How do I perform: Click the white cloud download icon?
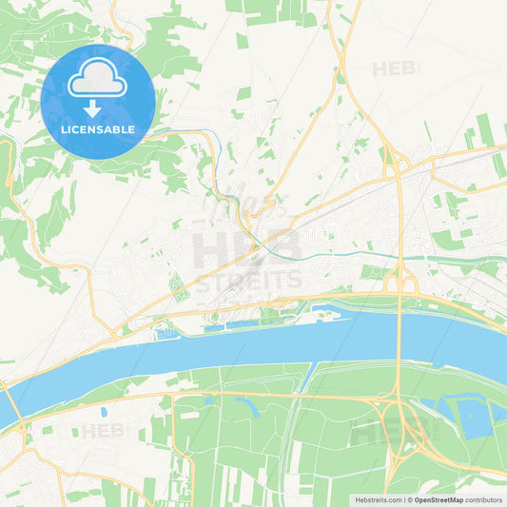click(97, 86)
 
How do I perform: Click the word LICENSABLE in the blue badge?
click(97, 128)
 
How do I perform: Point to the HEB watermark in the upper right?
click(396, 68)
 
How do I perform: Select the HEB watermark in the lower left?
click(104, 431)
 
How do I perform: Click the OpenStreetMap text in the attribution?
click(439, 499)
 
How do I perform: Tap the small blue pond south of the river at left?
click(103, 413)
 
